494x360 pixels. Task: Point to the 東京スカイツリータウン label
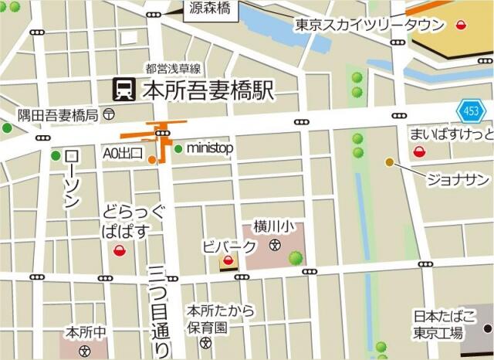[370, 25]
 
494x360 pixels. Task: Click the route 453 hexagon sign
[471, 112]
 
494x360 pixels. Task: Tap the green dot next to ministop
[178, 148]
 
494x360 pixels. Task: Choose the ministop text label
[210, 148]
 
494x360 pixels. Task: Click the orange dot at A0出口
[152, 161]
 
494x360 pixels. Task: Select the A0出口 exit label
[123, 154]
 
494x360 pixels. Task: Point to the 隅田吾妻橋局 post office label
[59, 115]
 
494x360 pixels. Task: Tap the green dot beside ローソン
[56, 156]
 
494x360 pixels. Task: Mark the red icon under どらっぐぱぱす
[120, 250]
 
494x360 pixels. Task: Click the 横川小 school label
[274, 228]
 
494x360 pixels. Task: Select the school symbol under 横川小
[275, 245]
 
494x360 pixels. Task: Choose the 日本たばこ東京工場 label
[438, 324]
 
